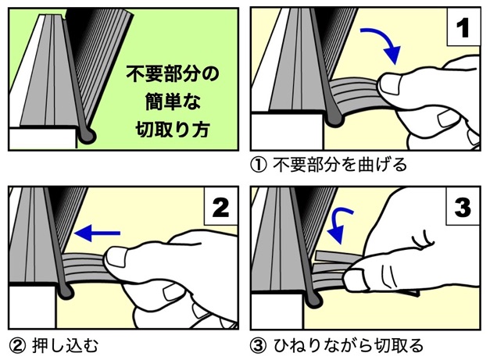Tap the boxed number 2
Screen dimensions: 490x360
[220, 207]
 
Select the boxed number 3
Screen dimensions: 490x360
[463, 207]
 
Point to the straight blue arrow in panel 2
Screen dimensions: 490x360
[97, 233]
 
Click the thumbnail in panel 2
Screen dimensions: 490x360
[116, 257]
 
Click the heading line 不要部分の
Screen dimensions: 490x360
[173, 74]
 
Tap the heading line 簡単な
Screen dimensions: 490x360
[173, 102]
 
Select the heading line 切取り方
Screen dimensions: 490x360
[173, 129]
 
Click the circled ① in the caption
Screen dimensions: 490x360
[259, 165]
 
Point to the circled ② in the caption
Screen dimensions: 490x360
[17, 346]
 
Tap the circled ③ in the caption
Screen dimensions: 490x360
[259, 346]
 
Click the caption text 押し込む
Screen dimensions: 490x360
[65, 346]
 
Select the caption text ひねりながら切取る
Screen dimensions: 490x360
[349, 346]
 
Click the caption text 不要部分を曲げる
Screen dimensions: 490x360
[340, 165]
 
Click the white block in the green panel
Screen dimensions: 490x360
[43, 138]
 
